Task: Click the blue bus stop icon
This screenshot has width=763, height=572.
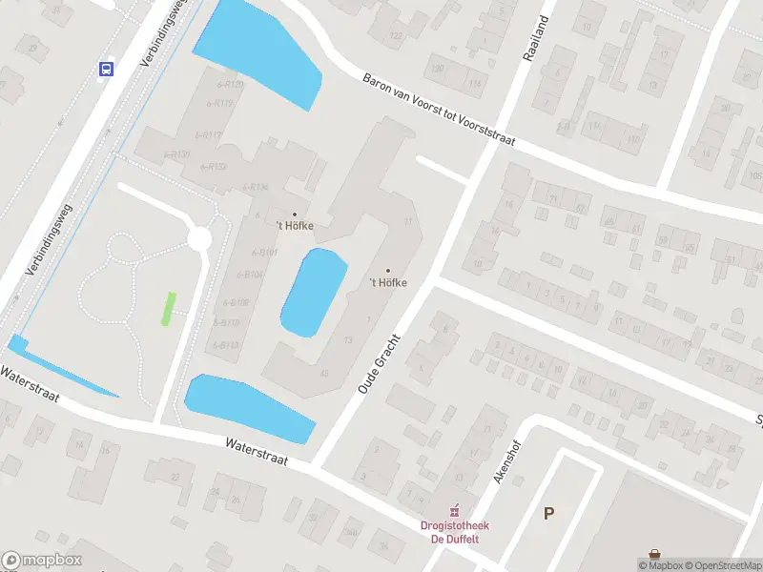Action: [106, 68]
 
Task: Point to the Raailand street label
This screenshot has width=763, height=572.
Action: [537, 39]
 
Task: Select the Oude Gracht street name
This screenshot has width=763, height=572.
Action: [376, 365]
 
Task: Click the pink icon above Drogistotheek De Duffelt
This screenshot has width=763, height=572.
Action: [456, 509]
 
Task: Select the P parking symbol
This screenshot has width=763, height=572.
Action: [548, 513]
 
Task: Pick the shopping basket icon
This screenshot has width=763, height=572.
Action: [655, 554]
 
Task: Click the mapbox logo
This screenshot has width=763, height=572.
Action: [42, 561]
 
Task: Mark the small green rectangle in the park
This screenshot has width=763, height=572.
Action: [169, 308]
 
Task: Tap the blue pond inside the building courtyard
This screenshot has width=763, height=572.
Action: [314, 292]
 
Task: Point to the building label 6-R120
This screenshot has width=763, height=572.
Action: [230, 85]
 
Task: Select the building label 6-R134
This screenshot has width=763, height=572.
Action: [255, 187]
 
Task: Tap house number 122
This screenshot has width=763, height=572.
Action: [395, 36]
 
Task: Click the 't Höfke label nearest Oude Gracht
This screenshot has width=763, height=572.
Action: [388, 282]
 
